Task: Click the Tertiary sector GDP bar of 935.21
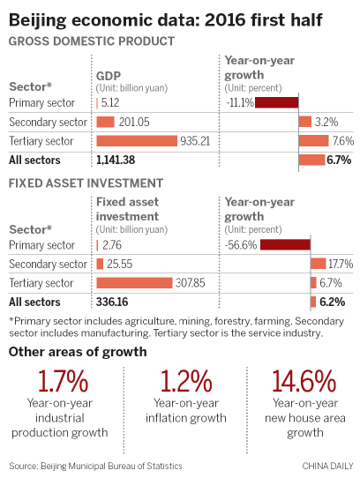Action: (x=136, y=140)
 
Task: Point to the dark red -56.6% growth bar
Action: (x=285, y=244)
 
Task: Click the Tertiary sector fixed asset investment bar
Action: (x=134, y=282)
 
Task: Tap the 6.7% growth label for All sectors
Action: (x=340, y=160)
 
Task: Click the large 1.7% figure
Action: (x=63, y=382)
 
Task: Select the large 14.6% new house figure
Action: (x=303, y=382)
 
